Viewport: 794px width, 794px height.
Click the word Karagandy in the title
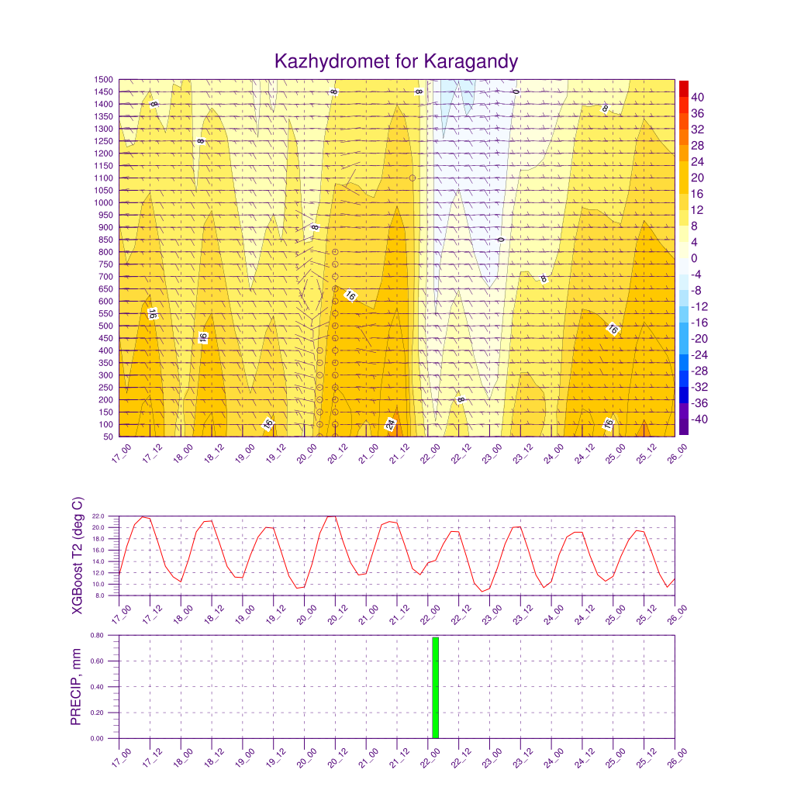[471, 62]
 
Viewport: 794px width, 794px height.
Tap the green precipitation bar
[436, 688]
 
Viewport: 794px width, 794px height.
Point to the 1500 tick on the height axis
[103, 80]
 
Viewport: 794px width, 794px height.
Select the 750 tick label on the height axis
[105, 264]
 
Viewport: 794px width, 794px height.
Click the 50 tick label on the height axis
[109, 437]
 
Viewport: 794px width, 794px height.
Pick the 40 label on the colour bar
[697, 97]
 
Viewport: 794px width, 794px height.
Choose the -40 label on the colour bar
[699, 419]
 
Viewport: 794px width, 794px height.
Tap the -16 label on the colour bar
[699, 323]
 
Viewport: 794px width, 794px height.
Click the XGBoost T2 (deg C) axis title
[77, 555]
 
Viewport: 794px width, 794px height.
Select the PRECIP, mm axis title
[76, 687]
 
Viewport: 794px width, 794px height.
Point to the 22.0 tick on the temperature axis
[98, 516]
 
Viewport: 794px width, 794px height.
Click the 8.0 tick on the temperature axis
[100, 595]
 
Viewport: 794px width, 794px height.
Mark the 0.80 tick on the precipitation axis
[97, 635]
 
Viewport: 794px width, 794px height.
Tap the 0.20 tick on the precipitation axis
[97, 713]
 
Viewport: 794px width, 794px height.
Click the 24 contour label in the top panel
[390, 424]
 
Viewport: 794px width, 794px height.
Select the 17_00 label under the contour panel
[122, 453]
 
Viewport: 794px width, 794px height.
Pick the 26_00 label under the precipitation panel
[678, 758]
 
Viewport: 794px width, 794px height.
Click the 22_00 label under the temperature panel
[430, 615]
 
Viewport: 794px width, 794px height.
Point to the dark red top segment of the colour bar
[684, 88]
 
